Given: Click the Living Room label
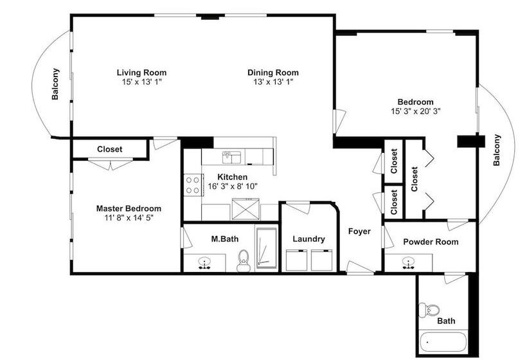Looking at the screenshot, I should tap(141, 72).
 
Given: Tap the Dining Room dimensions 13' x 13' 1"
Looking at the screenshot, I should tap(273, 82).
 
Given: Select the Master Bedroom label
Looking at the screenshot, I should tap(129, 208).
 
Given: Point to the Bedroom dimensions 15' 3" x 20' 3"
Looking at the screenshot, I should tap(415, 111).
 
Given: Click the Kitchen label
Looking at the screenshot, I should tap(232, 177).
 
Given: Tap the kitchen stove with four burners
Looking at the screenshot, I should tap(192, 185).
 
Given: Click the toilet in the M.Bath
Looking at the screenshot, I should tap(243, 260).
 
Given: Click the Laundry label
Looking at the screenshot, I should tap(308, 239).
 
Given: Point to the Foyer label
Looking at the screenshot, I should tap(359, 231).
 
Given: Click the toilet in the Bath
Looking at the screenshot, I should tap(429, 310).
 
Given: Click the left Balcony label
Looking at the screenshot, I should tap(56, 84).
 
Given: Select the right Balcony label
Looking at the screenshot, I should tap(496, 150).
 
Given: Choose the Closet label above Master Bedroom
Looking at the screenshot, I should tap(110, 149).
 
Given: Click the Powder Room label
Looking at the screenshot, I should tap(431, 242).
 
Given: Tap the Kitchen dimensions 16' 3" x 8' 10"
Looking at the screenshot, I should tap(232, 186).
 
